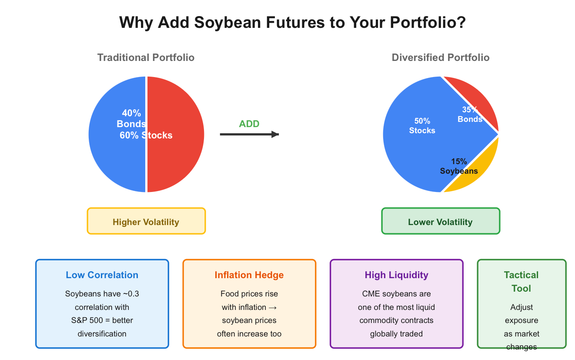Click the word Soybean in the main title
(x=227, y=23)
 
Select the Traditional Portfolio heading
(x=146, y=57)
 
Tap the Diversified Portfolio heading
(x=441, y=57)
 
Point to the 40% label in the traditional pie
(x=131, y=113)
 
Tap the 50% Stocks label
(x=422, y=126)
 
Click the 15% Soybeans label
(x=459, y=166)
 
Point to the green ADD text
(x=249, y=124)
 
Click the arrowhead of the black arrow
(x=275, y=134)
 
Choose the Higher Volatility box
(x=146, y=221)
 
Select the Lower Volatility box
(x=441, y=221)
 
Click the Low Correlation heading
(x=102, y=275)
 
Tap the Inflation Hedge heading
(x=249, y=275)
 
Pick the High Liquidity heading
(x=396, y=275)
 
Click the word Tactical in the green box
(x=521, y=275)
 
